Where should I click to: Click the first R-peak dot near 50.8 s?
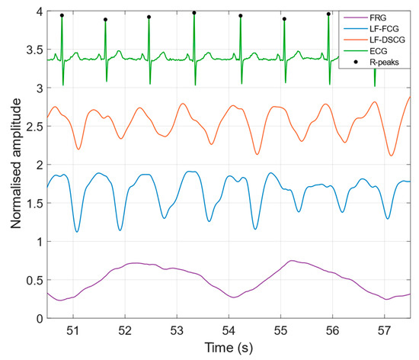coord(62,15)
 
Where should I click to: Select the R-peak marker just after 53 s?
coord(194,13)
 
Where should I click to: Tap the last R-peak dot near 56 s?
coord(328,14)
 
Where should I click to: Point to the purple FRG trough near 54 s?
coord(233,297)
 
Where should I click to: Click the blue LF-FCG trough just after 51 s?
coord(77,231)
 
